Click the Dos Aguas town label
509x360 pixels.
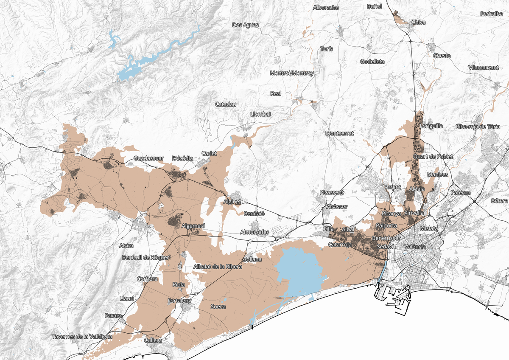245,25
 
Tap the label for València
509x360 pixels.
414,247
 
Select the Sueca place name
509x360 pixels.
218,306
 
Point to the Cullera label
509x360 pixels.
153,340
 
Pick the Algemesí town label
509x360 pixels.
193,226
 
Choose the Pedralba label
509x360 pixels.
492,14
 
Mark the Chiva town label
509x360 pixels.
418,22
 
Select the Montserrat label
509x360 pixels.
339,133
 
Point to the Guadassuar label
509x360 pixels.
148,158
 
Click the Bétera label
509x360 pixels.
499,200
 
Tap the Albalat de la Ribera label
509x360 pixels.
217,267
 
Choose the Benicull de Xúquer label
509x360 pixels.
146,257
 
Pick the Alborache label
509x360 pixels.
325,7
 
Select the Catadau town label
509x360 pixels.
226,104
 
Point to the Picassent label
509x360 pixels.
332,192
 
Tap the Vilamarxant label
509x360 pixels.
484,67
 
